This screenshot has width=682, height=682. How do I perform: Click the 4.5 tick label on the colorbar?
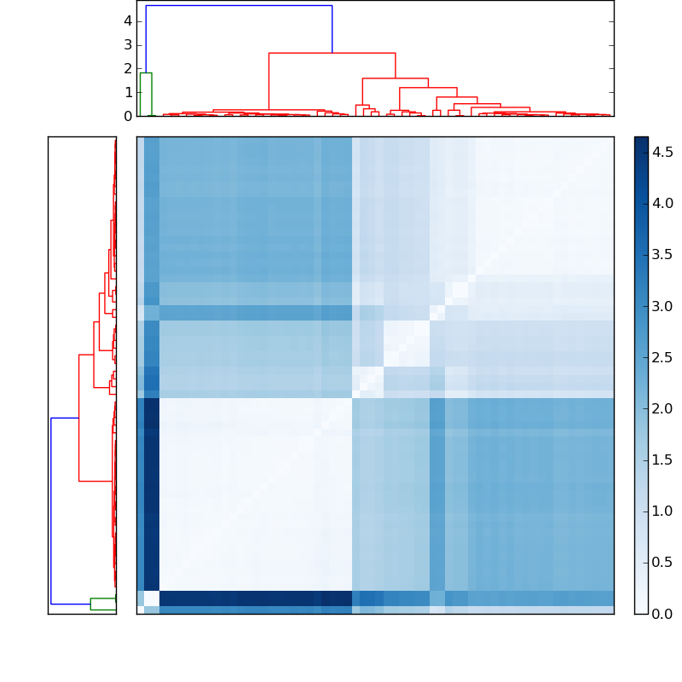pyautogui.click(x=663, y=152)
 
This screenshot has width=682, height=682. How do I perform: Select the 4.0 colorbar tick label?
pyautogui.click(x=663, y=203)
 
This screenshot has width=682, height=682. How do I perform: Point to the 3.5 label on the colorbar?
pyautogui.click(x=663, y=254)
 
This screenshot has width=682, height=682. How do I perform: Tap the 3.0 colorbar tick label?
pyautogui.click(x=663, y=306)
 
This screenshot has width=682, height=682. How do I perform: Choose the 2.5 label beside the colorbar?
pyautogui.click(x=663, y=357)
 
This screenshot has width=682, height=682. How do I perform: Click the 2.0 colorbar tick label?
pyautogui.click(x=663, y=408)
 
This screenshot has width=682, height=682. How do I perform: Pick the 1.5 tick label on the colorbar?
pyautogui.click(x=663, y=460)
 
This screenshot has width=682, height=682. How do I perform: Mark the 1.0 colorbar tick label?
pyautogui.click(x=663, y=511)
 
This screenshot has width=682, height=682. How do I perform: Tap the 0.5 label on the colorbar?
pyautogui.click(x=663, y=563)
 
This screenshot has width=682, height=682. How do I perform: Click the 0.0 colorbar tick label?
pyautogui.click(x=663, y=614)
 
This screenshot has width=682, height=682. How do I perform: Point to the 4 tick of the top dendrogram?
pyautogui.click(x=127, y=20)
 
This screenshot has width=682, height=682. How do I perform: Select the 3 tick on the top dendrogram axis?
pyautogui.click(x=127, y=44)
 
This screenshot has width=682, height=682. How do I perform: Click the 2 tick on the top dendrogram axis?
pyautogui.click(x=127, y=68)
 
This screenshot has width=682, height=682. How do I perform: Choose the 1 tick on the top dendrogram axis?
pyautogui.click(x=127, y=92)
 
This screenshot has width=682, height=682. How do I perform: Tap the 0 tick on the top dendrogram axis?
pyautogui.click(x=127, y=115)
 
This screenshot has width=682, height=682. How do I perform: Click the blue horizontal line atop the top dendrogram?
pyautogui.click(x=239, y=6)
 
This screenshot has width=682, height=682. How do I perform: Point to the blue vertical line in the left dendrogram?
pyautogui.click(x=51, y=511)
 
